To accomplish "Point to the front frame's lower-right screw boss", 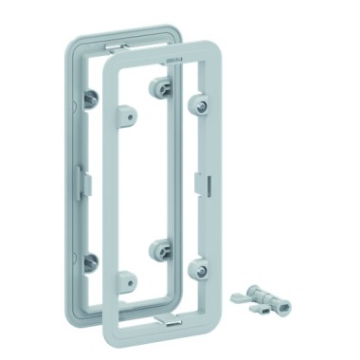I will pos(201,270).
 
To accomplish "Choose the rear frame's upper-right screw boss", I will pos(156,85).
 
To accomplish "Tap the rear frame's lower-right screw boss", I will pos(157,250).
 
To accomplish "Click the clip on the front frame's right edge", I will pos(198,181).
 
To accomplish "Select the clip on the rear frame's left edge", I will pos(79,177).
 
